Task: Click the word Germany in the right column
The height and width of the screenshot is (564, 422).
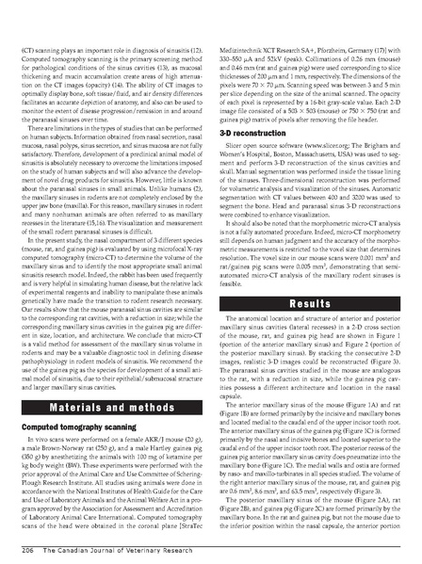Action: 372,18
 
